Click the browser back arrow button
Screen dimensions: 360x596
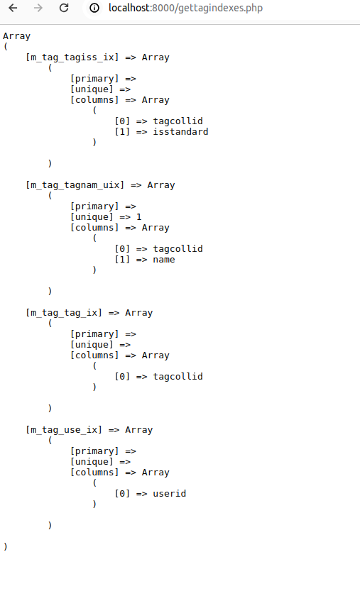tap(13, 8)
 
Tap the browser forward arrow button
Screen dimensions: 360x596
tap(38, 8)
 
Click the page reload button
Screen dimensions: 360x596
tap(64, 8)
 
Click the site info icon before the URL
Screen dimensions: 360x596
tap(94, 8)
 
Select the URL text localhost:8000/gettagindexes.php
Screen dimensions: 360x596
tap(185, 8)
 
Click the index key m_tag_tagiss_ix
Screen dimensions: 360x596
tap(72, 57)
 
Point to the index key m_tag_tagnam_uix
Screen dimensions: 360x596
tap(75, 185)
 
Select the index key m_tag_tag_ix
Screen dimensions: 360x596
tap(64, 313)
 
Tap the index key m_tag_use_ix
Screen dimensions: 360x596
tap(64, 430)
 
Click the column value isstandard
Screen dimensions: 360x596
tap(180, 131)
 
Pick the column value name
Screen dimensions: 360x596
tap(164, 260)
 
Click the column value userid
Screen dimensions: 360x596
tap(169, 493)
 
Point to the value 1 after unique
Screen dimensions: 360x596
tap(139, 217)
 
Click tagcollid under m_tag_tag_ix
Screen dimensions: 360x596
tap(178, 376)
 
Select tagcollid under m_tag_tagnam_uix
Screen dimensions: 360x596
tap(178, 248)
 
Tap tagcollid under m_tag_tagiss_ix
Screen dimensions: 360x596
tap(178, 121)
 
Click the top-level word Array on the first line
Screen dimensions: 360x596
tap(17, 36)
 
